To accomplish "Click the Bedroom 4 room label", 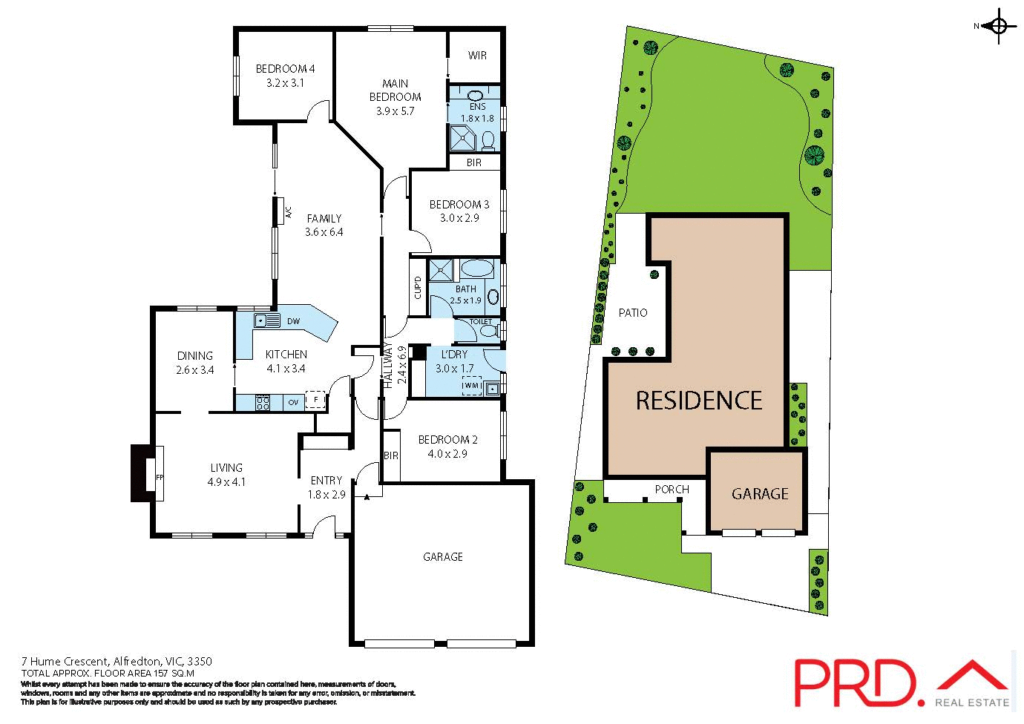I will pyautogui.click(x=280, y=69).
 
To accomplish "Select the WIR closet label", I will pyautogui.click(x=477, y=56).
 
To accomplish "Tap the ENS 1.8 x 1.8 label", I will pyautogui.click(x=477, y=113).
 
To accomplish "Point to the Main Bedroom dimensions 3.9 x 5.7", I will pyautogui.click(x=395, y=111).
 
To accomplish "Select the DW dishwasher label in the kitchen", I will pyautogui.click(x=292, y=321).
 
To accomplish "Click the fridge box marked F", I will pyautogui.click(x=316, y=401).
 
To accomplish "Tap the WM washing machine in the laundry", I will pyautogui.click(x=471, y=386).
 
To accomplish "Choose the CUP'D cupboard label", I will pyautogui.click(x=418, y=287).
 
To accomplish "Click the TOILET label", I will pyautogui.click(x=480, y=322).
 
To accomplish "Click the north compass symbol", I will pyautogui.click(x=998, y=27).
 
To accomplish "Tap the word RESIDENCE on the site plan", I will pyautogui.click(x=699, y=401).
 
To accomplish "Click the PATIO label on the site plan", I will pyautogui.click(x=633, y=313).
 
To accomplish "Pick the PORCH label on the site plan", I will pyautogui.click(x=672, y=490).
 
